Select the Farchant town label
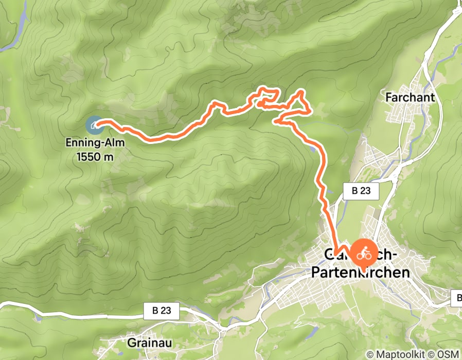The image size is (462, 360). [x=410, y=97]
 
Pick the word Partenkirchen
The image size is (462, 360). [x=361, y=272]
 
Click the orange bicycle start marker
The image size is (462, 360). [x=363, y=254]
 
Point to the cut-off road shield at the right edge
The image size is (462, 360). [x=457, y=298]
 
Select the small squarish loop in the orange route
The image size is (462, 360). [x=269, y=95]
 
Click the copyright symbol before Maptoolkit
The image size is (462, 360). [x=370, y=354]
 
